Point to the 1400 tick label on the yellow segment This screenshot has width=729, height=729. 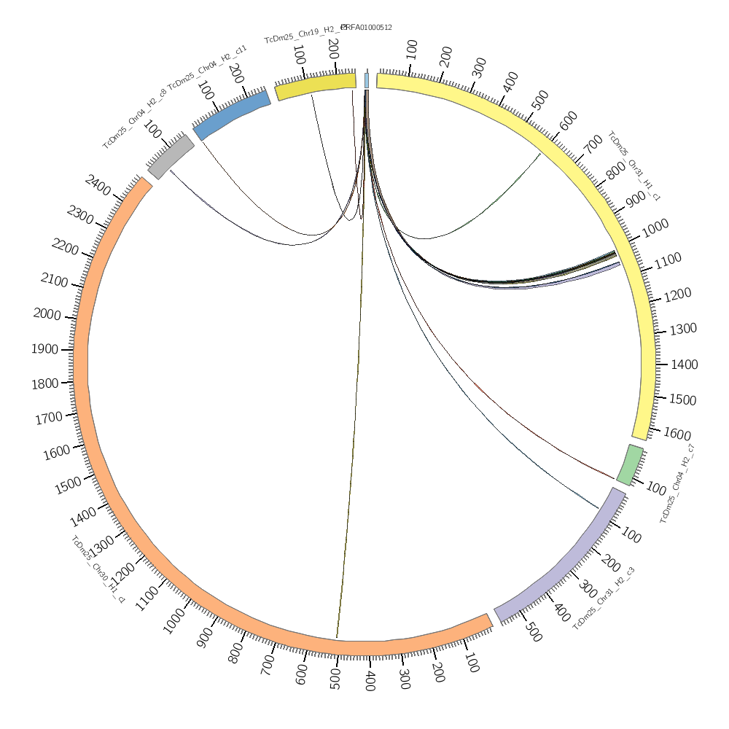684,364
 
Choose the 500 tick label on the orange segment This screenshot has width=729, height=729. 335,677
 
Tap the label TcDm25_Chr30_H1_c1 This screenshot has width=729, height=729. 98,569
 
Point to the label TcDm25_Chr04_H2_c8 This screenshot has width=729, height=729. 134,118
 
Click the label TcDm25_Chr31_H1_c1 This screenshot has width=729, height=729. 634,166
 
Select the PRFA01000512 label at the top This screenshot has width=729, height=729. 367,28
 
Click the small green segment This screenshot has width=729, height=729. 631,465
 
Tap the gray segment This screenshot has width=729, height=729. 171,156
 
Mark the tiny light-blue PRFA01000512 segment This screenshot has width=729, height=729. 367,80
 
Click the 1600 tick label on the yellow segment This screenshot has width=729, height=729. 677,434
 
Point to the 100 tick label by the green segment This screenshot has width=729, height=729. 656,488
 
